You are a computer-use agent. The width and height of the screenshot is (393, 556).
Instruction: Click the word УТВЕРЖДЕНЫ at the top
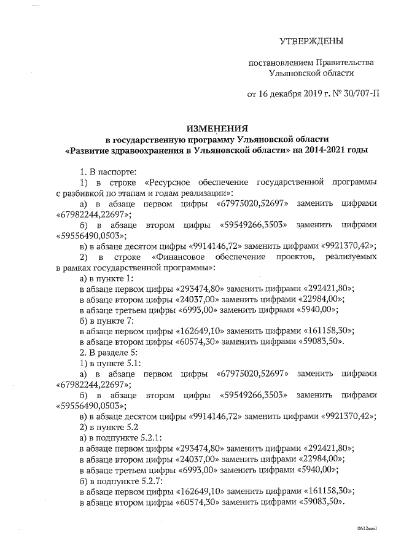[x=311, y=42]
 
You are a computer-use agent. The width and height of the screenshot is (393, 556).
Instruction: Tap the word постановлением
[x=280, y=63]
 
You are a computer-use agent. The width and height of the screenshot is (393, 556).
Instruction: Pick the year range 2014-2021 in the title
[x=321, y=149]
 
